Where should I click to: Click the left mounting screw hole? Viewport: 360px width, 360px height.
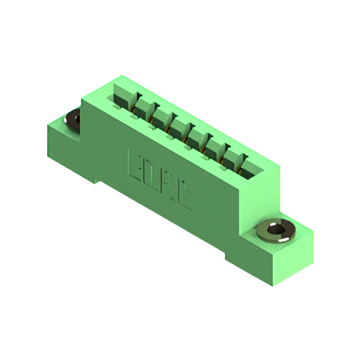click(74, 120)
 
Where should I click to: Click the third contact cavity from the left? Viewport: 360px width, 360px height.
click(161, 119)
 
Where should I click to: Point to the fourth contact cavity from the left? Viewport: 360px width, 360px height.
click(179, 129)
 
